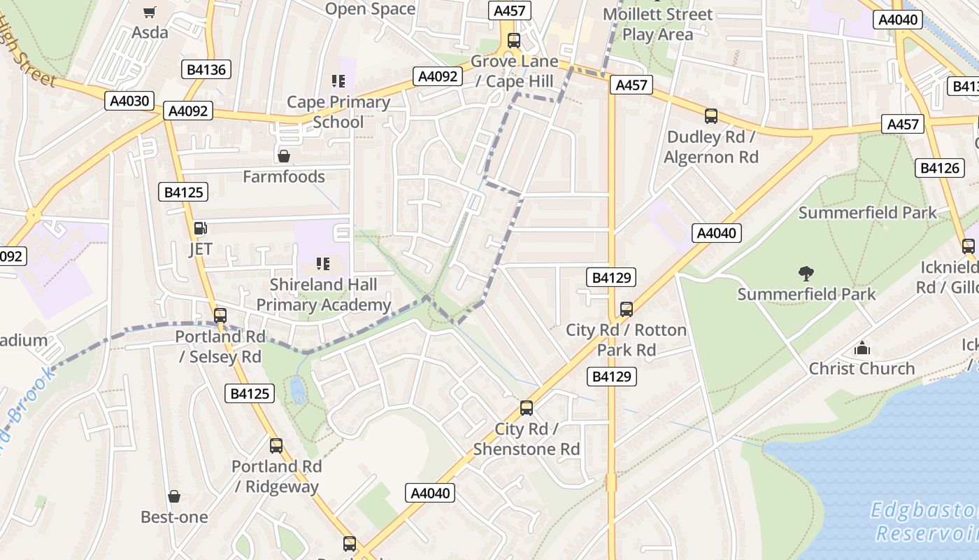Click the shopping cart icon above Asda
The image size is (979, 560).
[x=149, y=12]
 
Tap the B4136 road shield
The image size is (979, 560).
[x=206, y=69]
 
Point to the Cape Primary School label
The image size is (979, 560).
[x=338, y=112]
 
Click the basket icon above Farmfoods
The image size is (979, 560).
[x=284, y=155]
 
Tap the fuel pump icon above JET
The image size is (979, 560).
[x=200, y=228]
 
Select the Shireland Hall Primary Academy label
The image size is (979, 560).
[x=323, y=295]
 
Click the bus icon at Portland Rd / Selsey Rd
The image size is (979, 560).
[x=220, y=316]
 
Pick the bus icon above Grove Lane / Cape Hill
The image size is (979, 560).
[x=514, y=40]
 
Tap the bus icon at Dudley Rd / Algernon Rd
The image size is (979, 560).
[x=711, y=116]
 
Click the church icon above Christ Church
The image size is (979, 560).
[x=862, y=348]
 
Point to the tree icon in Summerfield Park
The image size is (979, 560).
[x=806, y=273]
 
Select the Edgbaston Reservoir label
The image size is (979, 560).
[x=924, y=521]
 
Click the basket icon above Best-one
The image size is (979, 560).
[x=174, y=496]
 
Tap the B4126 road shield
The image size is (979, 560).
[x=939, y=168]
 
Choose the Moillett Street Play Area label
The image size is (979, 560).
[x=657, y=24]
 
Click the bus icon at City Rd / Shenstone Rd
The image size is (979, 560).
[x=527, y=408]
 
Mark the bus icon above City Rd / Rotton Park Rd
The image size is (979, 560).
[x=627, y=309]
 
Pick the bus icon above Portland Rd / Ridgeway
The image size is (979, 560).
[x=276, y=445]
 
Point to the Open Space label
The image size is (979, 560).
[x=371, y=9]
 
